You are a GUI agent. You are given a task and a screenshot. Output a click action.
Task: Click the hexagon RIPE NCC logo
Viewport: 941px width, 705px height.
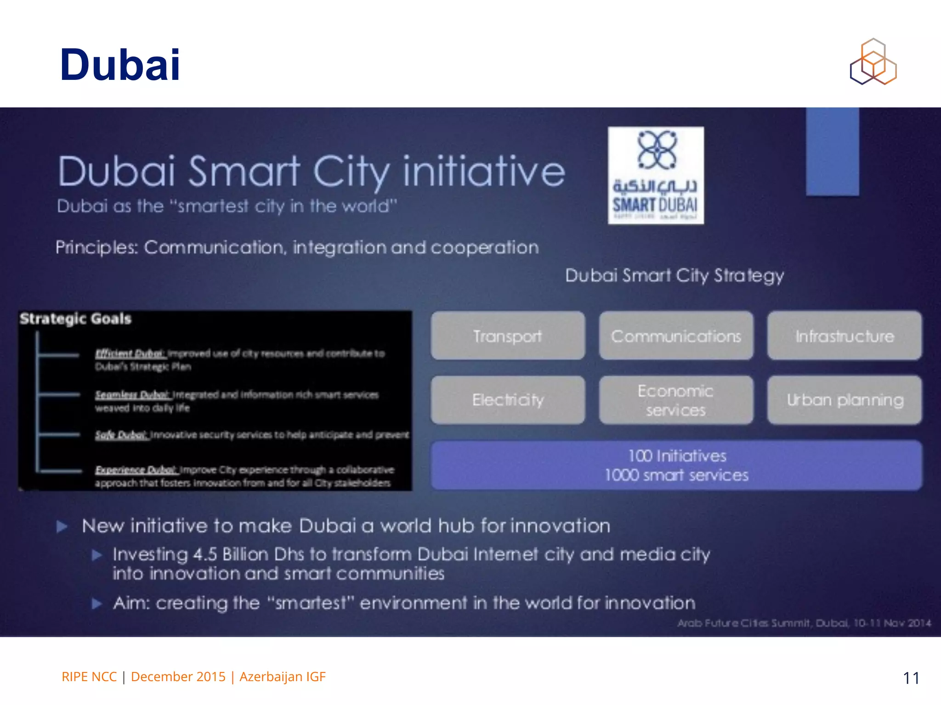(x=873, y=62)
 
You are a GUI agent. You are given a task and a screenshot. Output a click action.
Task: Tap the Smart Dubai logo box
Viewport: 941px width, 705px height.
(x=656, y=175)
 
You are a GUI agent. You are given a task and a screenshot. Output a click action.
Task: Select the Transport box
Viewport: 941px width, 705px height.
(x=508, y=336)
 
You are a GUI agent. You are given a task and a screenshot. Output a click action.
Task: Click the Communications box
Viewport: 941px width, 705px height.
(x=676, y=336)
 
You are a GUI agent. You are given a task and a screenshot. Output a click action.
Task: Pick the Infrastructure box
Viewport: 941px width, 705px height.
(x=845, y=336)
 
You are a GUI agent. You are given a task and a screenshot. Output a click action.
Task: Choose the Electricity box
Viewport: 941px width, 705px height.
(x=508, y=400)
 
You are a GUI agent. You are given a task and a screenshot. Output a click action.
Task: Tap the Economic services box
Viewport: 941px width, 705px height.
(x=676, y=400)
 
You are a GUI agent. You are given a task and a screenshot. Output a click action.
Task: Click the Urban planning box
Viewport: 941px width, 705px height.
(x=845, y=400)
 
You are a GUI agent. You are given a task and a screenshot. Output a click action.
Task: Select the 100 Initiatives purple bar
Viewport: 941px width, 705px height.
(x=676, y=465)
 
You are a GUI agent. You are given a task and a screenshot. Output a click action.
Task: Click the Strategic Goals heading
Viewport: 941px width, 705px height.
(x=75, y=319)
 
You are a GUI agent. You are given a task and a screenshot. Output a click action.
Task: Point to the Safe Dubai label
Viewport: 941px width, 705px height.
(x=120, y=435)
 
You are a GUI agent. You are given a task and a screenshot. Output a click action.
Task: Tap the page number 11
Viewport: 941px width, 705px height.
(x=911, y=678)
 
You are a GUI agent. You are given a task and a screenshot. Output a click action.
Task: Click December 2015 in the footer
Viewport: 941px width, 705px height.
(x=178, y=677)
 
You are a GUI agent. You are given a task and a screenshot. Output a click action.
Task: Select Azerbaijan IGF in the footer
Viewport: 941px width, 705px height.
(x=283, y=677)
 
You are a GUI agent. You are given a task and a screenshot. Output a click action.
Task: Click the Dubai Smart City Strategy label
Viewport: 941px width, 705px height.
(x=674, y=275)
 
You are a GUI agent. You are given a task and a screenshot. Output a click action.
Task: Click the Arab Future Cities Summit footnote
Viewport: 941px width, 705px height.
(x=804, y=623)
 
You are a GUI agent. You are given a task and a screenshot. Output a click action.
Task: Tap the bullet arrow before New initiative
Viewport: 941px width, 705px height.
(x=62, y=526)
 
